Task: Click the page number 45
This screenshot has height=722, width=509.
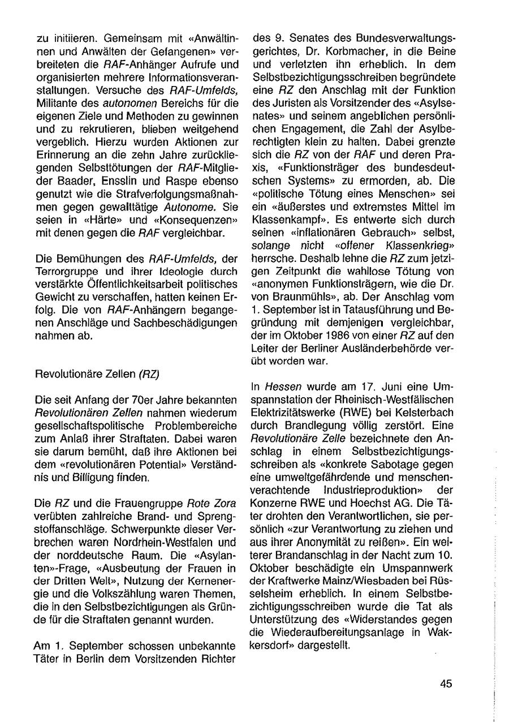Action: pyautogui.click(x=446, y=684)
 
